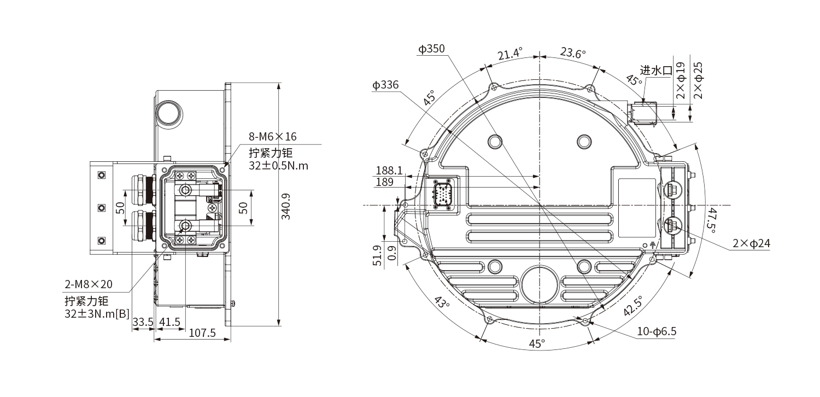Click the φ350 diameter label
pyautogui.click(x=431, y=49)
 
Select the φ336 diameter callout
pyautogui.click(x=385, y=85)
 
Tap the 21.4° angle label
pyautogui.click(x=510, y=54)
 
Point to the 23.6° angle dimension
pyautogui.click(x=573, y=52)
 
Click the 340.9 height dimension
pyautogui.click(x=286, y=206)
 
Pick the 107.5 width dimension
pyautogui.click(x=202, y=333)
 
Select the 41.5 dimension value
pyautogui.click(x=170, y=322)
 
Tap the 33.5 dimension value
pyautogui.click(x=143, y=322)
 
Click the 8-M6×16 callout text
pyautogui.click(x=273, y=137)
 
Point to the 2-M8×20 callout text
pyautogui.click(x=89, y=284)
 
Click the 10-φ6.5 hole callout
pyautogui.click(x=657, y=331)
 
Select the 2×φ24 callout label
pyautogui.click(x=751, y=243)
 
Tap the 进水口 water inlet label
pyautogui.click(x=657, y=71)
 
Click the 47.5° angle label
pyautogui.click(x=712, y=220)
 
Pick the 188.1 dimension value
pyautogui.click(x=389, y=170)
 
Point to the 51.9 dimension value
pyautogui.click(x=378, y=255)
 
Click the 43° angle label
pyautogui.click(x=442, y=302)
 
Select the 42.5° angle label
pyautogui.click(x=633, y=306)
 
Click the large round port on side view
pyautogui.click(x=168, y=113)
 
